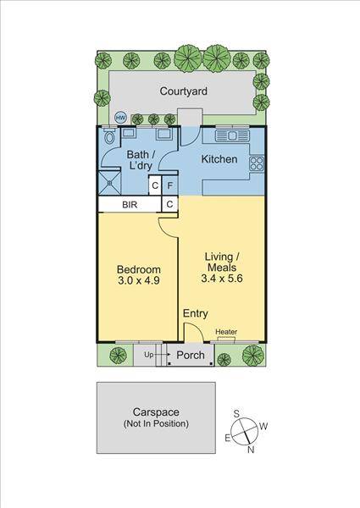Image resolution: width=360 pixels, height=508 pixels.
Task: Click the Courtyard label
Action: (x=184, y=91)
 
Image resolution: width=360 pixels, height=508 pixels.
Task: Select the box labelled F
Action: (x=169, y=186)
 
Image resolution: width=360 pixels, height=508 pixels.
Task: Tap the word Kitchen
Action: (x=219, y=159)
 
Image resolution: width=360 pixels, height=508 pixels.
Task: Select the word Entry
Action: (x=196, y=313)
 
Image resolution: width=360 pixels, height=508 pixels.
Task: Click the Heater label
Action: (x=226, y=332)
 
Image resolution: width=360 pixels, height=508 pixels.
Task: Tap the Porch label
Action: (x=190, y=355)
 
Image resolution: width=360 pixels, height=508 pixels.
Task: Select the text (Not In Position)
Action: (x=156, y=423)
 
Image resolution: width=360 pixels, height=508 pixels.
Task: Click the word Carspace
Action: (x=156, y=411)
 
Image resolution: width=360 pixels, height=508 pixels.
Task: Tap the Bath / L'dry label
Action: (x=140, y=160)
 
